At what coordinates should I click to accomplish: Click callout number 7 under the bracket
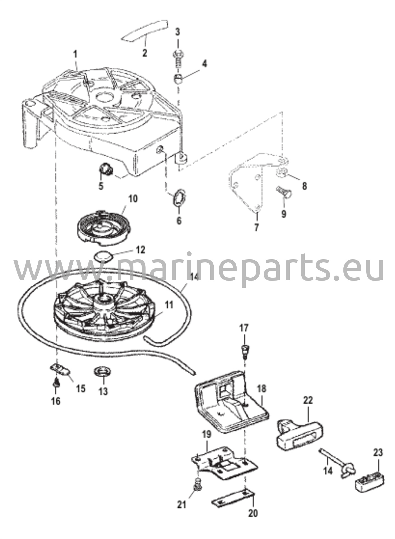coord(257,227)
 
